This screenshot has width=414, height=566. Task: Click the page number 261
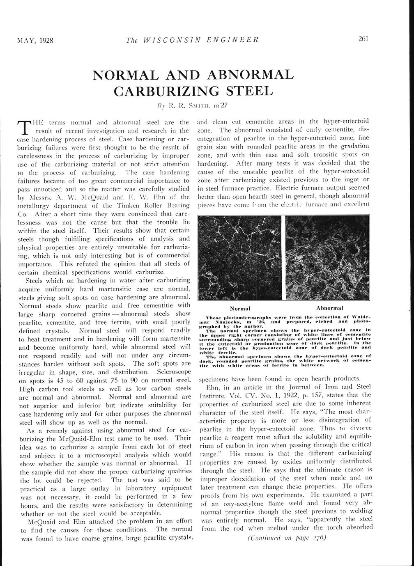point(363,39)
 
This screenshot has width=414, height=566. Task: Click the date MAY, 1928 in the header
point(35,40)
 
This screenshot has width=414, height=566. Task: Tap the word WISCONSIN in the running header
point(171,40)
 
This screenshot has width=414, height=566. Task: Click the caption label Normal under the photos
point(240,308)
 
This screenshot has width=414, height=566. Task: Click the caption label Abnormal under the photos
point(330,308)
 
